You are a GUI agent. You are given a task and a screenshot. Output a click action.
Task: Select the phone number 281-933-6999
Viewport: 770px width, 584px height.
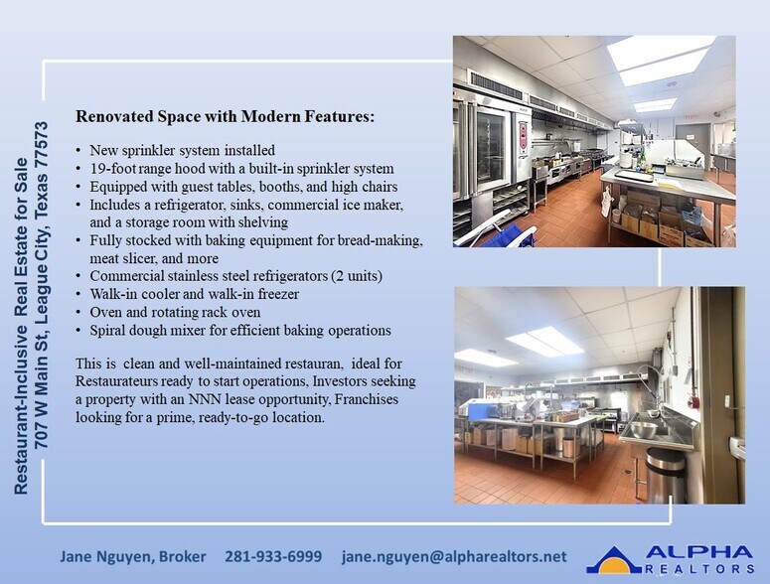click(x=272, y=556)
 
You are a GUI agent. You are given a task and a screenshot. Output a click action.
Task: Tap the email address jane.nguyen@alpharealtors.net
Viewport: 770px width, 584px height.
click(x=454, y=556)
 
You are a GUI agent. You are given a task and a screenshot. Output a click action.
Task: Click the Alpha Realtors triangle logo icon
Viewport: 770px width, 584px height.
click(x=614, y=559)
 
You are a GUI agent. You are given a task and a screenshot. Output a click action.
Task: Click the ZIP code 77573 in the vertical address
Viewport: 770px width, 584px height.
click(x=42, y=149)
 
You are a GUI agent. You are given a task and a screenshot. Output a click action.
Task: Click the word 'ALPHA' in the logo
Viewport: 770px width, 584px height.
click(x=699, y=552)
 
